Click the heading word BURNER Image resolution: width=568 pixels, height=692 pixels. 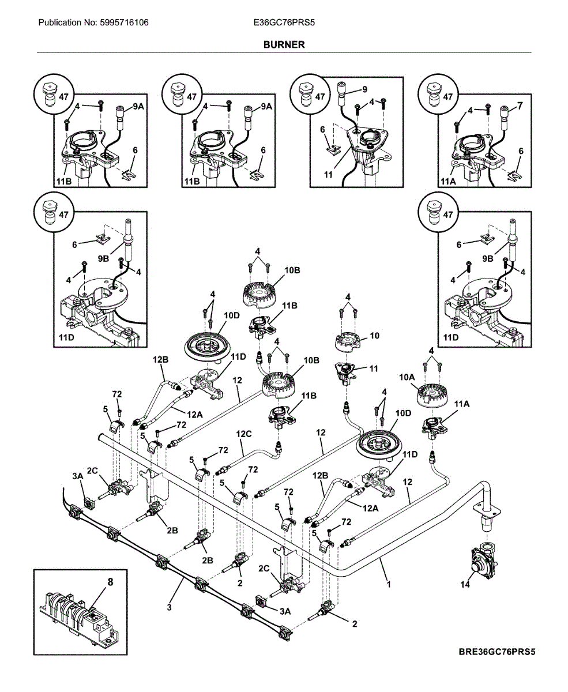point(284,44)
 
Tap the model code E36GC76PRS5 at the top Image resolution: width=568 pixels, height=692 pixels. point(284,23)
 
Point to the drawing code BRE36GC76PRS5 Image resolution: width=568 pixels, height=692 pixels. point(497,653)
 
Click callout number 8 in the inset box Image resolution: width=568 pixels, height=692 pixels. point(110,582)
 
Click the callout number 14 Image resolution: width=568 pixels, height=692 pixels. point(465,584)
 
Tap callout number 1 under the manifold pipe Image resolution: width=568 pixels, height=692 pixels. point(389,584)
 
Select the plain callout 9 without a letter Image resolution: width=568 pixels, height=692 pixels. point(364,89)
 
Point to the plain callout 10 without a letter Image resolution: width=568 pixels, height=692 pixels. point(374,334)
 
